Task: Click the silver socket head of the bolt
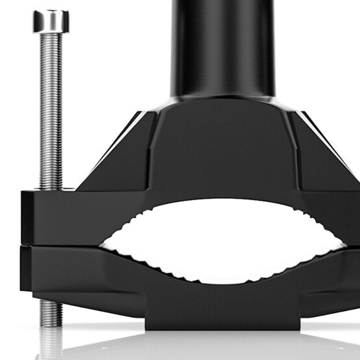coord(51,21)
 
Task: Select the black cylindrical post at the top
coord(223,47)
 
